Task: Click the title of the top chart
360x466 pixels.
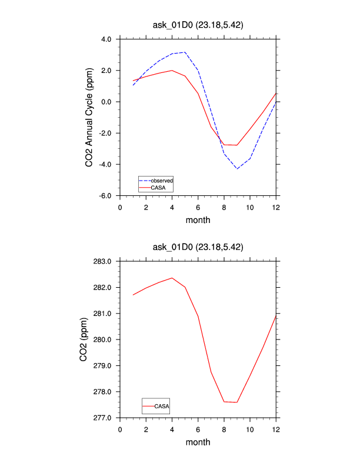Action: [198, 25]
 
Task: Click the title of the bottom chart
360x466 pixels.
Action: [198, 247]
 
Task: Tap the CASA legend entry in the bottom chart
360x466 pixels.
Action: [162, 406]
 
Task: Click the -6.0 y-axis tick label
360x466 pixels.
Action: [105, 195]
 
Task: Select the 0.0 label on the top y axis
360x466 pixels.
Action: [106, 102]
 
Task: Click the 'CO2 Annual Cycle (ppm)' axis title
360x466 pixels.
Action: [89, 118]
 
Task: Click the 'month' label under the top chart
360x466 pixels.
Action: [198, 220]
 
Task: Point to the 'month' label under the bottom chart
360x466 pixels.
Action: [198, 442]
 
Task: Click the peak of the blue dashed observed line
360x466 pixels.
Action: [185, 52]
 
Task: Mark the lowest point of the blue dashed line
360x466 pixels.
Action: [237, 169]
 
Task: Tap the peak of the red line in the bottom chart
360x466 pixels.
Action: [172, 278]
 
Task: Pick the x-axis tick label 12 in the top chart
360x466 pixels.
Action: [276, 207]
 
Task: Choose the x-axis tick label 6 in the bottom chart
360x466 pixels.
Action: [198, 429]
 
